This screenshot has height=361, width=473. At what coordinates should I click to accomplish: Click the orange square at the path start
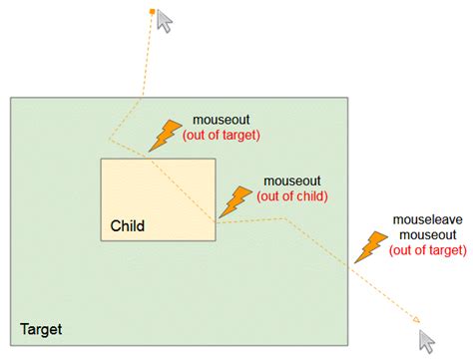point(152,12)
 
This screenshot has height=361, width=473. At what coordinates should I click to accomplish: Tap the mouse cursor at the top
point(165,21)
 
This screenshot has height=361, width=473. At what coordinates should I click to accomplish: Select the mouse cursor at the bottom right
point(427,341)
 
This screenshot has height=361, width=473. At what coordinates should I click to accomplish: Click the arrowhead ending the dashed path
point(416,320)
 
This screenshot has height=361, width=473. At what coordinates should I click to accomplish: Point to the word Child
point(128,226)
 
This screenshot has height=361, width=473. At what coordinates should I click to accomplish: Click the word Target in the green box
point(41,329)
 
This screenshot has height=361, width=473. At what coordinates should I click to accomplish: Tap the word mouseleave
point(428,219)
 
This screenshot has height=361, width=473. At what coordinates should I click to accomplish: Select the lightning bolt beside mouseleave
point(371,247)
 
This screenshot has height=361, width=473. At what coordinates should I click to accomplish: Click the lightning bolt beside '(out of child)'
point(236,202)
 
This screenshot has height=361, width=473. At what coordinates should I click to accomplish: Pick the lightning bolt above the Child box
point(166,136)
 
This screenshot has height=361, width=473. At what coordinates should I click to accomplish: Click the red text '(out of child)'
point(292,196)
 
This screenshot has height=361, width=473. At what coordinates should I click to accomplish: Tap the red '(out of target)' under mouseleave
point(428,250)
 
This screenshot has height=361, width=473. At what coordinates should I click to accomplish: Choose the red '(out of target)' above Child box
point(222,136)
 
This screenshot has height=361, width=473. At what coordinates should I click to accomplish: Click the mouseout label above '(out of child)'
point(292,181)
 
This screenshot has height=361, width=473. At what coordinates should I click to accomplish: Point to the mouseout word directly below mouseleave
point(428,235)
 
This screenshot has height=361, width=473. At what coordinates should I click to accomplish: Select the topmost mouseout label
point(222,120)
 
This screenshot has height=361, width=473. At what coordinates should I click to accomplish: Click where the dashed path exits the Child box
point(216,222)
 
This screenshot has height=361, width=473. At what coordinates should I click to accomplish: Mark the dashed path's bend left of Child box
point(109,139)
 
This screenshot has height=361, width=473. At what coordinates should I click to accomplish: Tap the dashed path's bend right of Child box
point(284,218)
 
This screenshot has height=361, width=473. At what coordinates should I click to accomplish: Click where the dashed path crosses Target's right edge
point(348,266)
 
